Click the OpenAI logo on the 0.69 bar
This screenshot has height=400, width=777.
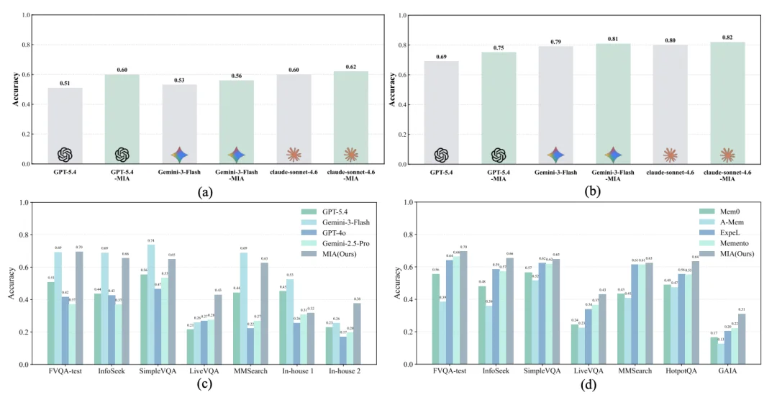pos(441,155)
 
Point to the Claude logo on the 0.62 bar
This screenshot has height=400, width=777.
pos(350,155)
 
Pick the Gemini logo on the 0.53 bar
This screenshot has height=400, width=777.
pos(179,155)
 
